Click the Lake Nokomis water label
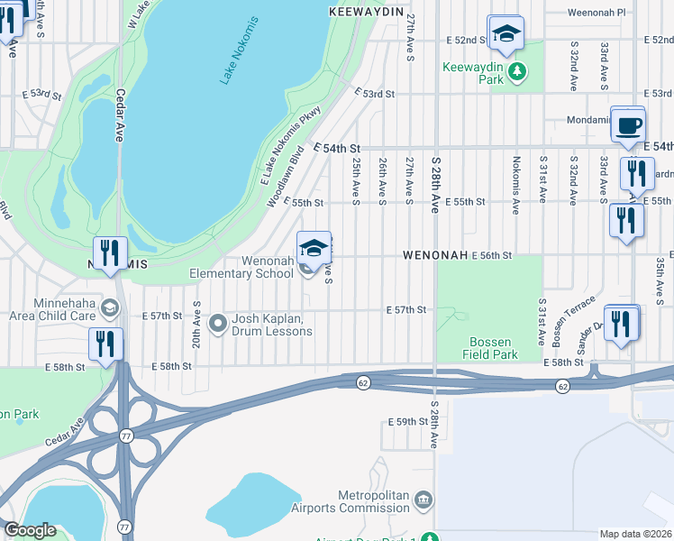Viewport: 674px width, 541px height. coord(241,51)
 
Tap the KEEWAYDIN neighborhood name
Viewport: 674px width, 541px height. coord(364,12)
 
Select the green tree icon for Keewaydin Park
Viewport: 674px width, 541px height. coord(516,72)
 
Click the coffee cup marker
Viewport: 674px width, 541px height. coord(628,124)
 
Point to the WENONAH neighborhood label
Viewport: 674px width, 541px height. coord(435,256)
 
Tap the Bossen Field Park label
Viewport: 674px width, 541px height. coord(492,348)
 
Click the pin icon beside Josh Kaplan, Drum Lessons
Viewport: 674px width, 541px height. coord(217,323)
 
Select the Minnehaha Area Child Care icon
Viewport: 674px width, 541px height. coord(110,309)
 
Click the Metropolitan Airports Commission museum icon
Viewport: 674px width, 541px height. coord(424,500)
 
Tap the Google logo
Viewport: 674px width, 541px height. coord(30,530)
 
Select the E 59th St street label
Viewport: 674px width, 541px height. coord(406,422)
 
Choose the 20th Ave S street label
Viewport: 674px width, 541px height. coord(196,324)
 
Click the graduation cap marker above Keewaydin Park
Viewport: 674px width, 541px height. coord(506,34)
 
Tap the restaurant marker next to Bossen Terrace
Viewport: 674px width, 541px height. coord(620,325)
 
